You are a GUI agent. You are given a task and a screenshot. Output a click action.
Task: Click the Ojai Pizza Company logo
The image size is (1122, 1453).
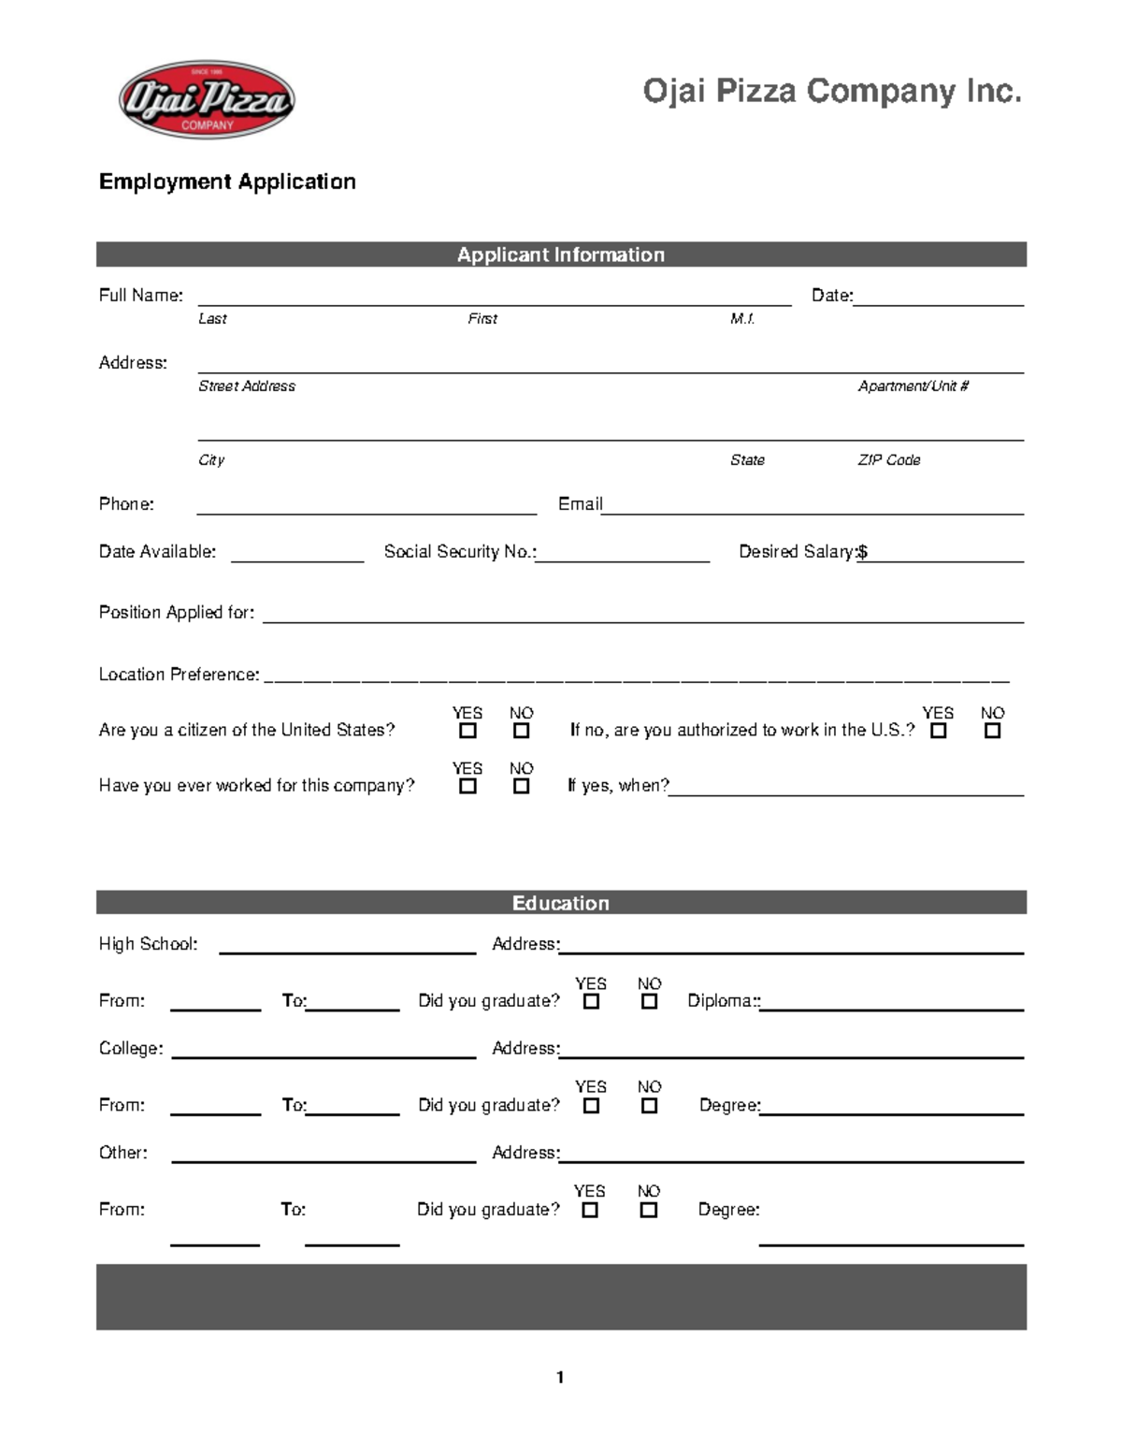(207, 100)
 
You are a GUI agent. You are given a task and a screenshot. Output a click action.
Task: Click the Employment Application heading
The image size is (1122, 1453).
(227, 182)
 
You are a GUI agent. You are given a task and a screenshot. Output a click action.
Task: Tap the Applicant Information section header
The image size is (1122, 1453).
(560, 254)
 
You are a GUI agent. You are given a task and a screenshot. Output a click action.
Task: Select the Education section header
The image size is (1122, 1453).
(560, 903)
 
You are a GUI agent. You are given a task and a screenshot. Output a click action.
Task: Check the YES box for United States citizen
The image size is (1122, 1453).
(467, 731)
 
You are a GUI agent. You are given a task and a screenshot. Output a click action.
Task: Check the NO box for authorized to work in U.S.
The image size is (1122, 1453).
(992, 731)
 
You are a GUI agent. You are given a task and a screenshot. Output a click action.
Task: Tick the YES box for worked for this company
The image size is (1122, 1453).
(467, 786)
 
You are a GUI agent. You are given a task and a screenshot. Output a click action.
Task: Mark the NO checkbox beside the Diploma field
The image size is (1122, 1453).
(649, 1001)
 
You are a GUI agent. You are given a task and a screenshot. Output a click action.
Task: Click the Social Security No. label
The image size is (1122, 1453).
(459, 552)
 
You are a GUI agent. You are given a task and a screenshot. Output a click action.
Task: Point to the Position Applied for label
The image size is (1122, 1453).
(176, 613)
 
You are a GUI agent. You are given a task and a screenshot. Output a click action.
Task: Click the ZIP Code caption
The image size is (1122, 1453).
(888, 460)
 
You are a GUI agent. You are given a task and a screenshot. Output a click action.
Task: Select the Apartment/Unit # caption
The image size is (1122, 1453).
(913, 386)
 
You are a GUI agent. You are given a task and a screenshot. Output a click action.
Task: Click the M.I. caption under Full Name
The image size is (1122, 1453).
(742, 319)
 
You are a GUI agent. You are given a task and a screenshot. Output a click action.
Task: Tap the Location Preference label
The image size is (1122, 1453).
(179, 675)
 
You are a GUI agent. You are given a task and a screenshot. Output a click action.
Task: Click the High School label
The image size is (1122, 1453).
(148, 944)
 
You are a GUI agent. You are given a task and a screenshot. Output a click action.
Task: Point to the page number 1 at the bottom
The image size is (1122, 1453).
(560, 1377)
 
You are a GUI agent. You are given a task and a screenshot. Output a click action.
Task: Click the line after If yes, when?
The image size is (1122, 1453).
(846, 792)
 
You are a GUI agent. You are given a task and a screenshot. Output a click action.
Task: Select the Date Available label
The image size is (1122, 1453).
(157, 552)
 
